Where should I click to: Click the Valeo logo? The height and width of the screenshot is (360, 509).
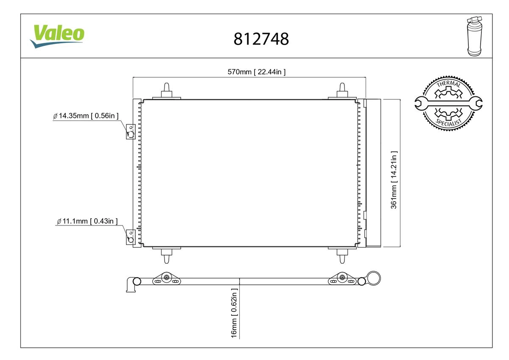click(x=57, y=37)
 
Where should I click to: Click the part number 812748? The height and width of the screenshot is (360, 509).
click(x=261, y=39)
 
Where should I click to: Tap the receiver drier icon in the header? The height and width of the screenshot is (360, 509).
click(x=475, y=36)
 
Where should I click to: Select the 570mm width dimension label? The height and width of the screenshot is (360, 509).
click(x=257, y=72)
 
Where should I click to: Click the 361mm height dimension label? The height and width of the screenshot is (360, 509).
click(x=394, y=180)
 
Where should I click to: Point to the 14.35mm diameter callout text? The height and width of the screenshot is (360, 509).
click(x=86, y=116)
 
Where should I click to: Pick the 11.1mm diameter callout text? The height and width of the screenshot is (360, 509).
click(x=87, y=221)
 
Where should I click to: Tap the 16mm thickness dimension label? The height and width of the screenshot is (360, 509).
click(x=234, y=313)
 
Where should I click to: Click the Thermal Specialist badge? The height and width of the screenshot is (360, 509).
click(x=448, y=104)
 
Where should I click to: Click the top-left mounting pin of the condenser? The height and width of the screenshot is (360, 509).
click(x=167, y=91)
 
